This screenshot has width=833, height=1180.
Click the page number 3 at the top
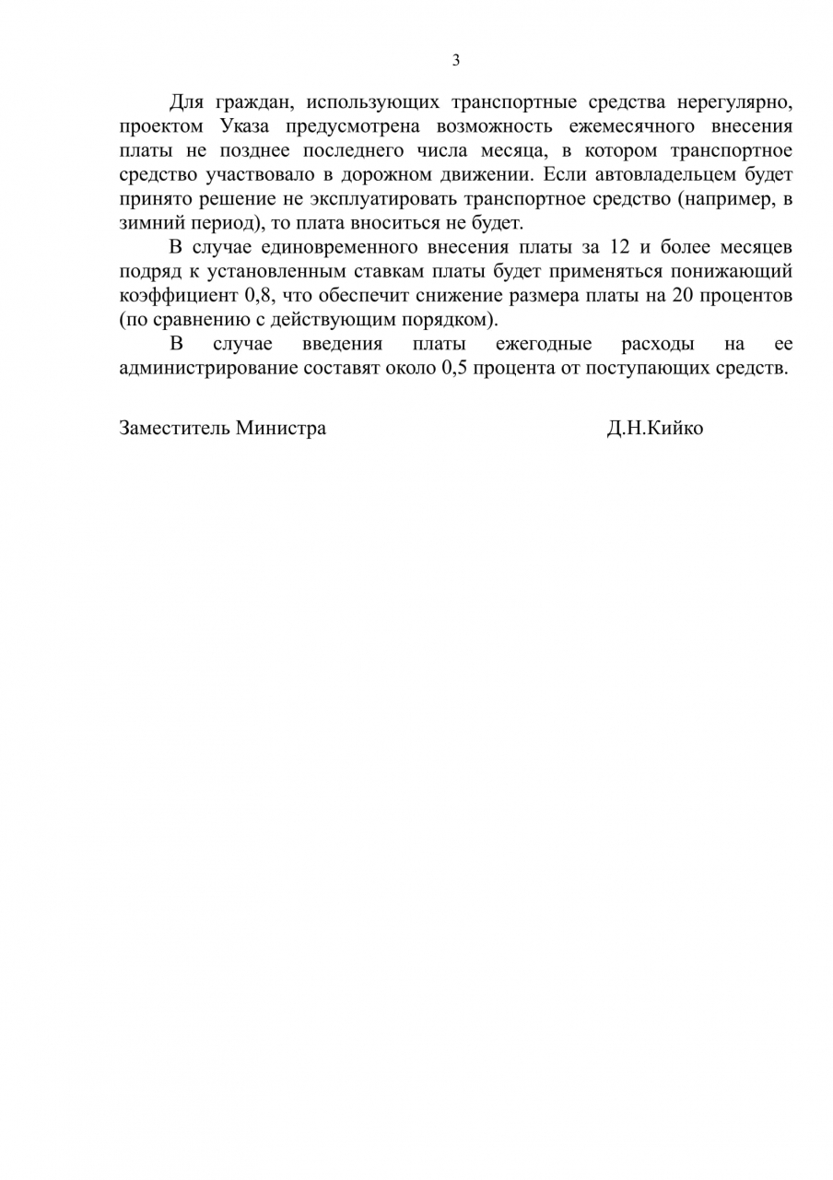[x=455, y=61]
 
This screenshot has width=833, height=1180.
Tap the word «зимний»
[x=146, y=222]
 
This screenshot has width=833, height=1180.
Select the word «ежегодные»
[x=544, y=344]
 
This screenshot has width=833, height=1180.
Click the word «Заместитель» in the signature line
[x=174, y=429]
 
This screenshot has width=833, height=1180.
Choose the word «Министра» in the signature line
[x=280, y=429]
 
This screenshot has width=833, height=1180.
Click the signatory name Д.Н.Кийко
[x=654, y=429]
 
